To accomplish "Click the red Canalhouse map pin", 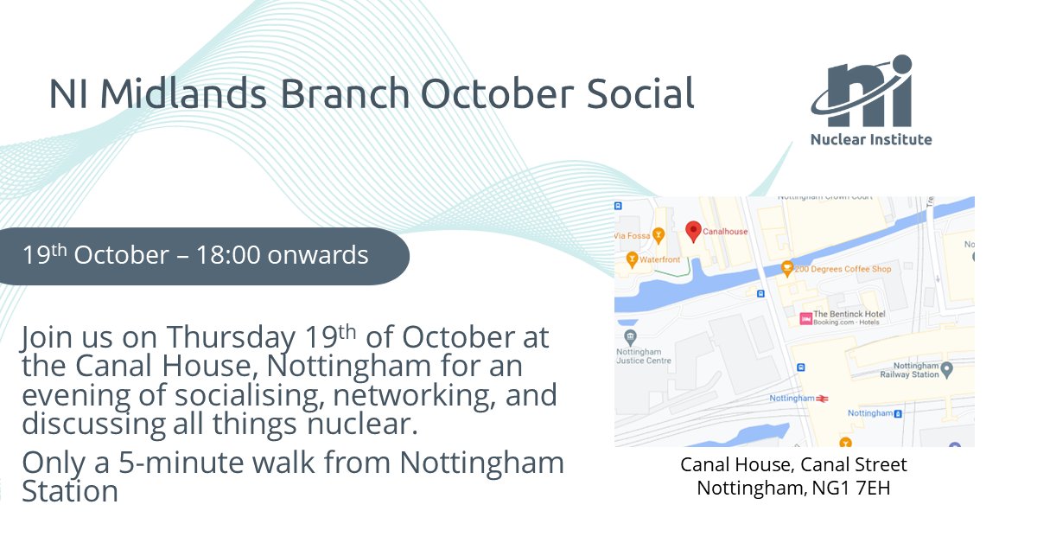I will pos(692,230).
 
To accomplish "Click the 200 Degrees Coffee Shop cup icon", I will pos(787,269).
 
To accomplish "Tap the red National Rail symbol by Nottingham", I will pos(824,398).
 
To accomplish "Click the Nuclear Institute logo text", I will pos(871,139).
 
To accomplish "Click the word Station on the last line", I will pos(70,491).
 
